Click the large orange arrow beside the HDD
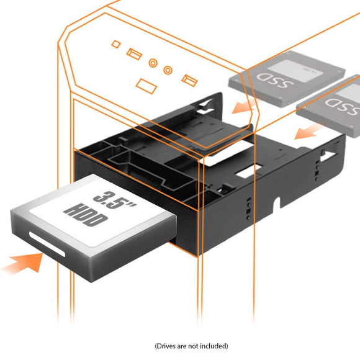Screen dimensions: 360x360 (23, 262)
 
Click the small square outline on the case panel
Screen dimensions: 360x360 (115, 44)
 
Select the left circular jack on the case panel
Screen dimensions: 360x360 (153, 63)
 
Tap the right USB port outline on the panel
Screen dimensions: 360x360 (189, 79)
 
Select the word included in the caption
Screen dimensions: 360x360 (210, 346)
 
